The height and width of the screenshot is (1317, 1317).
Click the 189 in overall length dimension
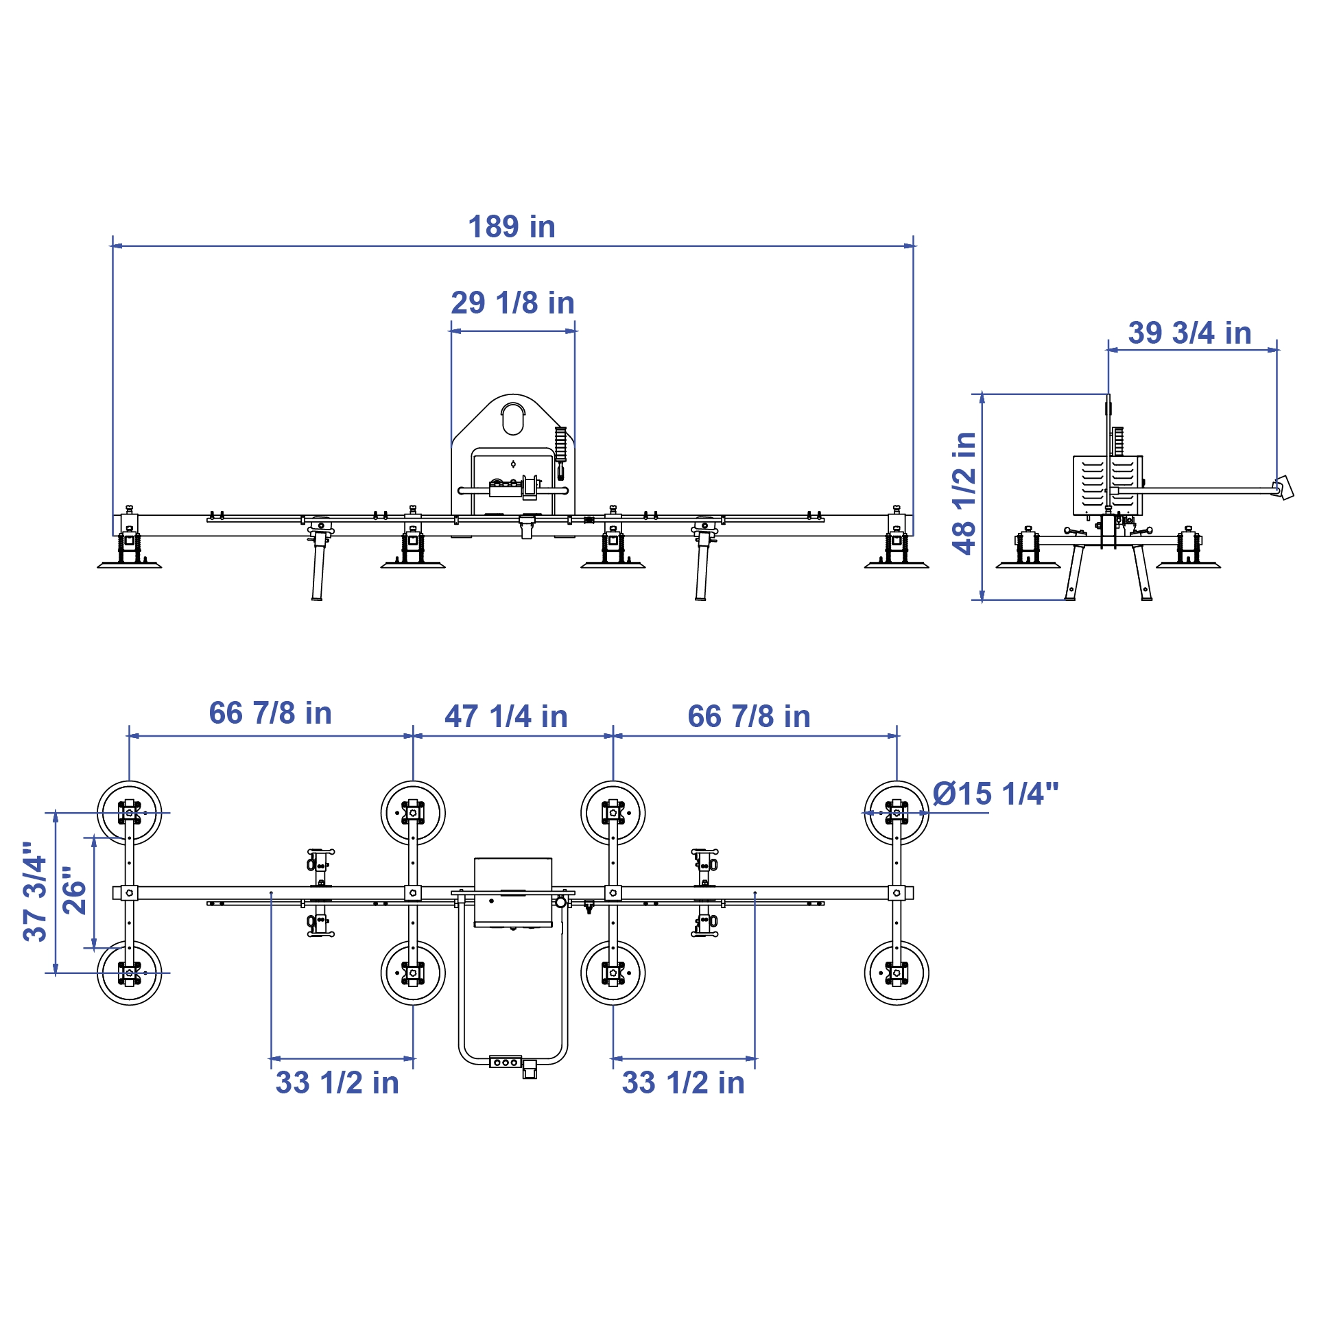pyautogui.click(x=512, y=227)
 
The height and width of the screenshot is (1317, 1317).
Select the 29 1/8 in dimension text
pyautogui.click(x=512, y=303)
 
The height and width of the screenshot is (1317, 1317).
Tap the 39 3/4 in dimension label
pyautogui.click(x=1190, y=333)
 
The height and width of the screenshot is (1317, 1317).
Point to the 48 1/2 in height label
pyautogui.click(x=964, y=493)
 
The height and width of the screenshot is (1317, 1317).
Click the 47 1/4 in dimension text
pyautogui.click(x=506, y=717)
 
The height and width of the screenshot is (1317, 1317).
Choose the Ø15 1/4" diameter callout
pyautogui.click(x=995, y=794)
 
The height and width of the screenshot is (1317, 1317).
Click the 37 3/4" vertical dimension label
pyautogui.click(x=35, y=892)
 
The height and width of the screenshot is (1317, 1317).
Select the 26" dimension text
pyautogui.click(x=75, y=890)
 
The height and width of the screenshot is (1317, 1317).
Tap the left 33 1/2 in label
pyautogui.click(x=337, y=1083)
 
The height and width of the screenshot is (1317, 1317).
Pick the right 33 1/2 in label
pyautogui.click(x=683, y=1083)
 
